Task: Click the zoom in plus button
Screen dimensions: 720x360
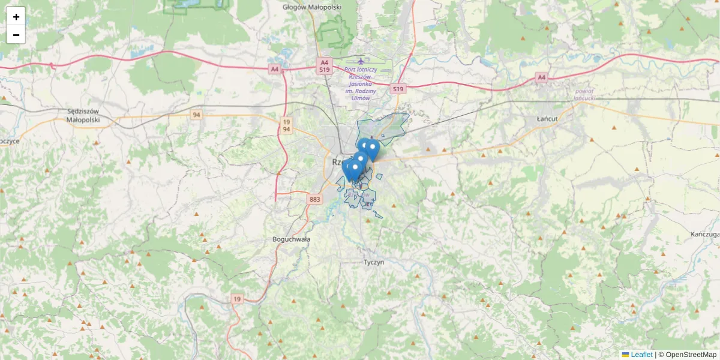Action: tap(16, 17)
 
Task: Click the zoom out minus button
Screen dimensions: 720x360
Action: tap(16, 35)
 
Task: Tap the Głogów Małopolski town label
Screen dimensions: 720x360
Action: tap(311, 7)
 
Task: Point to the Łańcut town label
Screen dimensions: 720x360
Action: tap(548, 119)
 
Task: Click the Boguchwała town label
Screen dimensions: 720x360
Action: tap(291, 239)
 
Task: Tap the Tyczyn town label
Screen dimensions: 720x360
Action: tap(374, 262)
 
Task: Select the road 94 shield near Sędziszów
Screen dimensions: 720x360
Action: tap(196, 114)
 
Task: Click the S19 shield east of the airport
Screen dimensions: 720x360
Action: tap(398, 89)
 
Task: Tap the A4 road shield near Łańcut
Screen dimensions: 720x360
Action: tap(542, 77)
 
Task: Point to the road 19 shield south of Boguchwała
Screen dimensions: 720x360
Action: tap(237, 299)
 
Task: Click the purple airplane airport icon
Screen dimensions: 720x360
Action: tap(361, 61)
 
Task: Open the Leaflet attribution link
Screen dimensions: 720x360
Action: tap(640, 355)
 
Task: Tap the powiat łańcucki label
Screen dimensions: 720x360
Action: tap(584, 94)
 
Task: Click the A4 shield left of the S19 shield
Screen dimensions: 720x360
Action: tap(274, 69)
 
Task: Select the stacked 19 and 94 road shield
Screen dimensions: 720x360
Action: tap(287, 125)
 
